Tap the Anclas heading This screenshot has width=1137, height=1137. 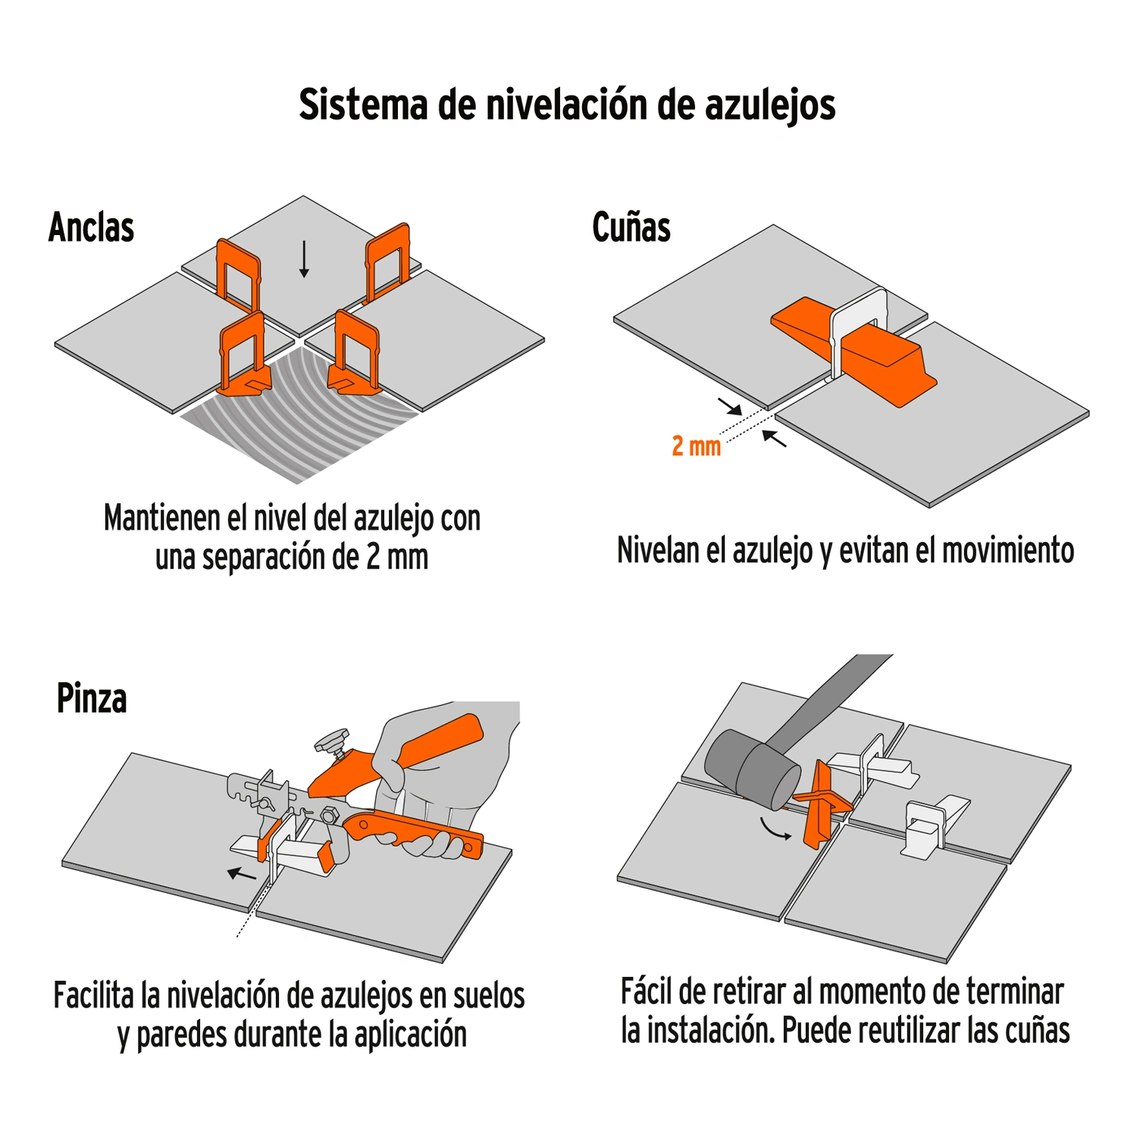point(92,227)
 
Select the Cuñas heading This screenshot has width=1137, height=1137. point(631,227)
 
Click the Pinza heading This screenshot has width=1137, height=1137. point(92,698)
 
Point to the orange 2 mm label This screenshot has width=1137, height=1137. point(696,446)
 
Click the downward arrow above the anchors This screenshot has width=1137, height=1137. point(304,259)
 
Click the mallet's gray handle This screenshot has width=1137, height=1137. point(830,701)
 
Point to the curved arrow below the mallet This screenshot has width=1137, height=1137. point(775,830)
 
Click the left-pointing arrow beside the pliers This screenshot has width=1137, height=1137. point(242,874)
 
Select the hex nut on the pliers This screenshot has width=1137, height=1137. point(329,816)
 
